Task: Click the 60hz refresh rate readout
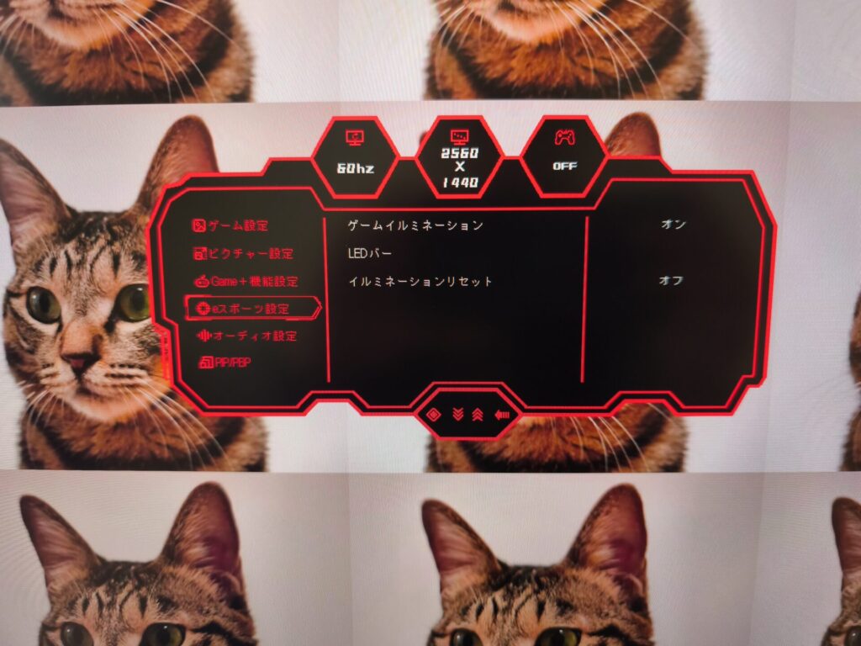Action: tap(356, 168)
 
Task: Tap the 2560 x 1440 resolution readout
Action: tap(460, 167)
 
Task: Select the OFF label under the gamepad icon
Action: tap(564, 166)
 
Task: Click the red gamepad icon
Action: tap(564, 137)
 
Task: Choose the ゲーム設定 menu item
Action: tap(230, 225)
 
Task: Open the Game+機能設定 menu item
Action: tap(246, 281)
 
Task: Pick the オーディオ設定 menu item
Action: tap(247, 336)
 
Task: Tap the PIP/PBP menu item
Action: tap(224, 363)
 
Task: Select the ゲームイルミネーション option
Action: tap(415, 225)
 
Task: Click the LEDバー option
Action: tap(370, 253)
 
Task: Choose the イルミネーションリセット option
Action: tap(420, 282)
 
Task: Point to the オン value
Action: tap(673, 224)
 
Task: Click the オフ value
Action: tap(670, 280)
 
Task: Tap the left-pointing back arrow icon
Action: tap(502, 415)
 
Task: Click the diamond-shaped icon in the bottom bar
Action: tap(435, 414)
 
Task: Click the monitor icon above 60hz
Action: tap(355, 137)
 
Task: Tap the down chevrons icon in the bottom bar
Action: tap(457, 414)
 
